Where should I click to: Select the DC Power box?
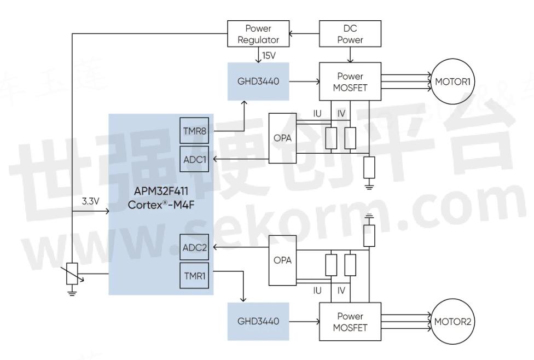coord(350,34)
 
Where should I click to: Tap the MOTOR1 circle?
coord(454,82)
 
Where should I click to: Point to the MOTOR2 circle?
coord(452,321)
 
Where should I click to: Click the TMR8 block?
coord(194,131)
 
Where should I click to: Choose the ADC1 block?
coord(194,159)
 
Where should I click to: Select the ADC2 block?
coord(194,248)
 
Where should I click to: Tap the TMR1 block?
coord(194,275)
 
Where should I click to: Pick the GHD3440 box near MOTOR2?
coord(259,321)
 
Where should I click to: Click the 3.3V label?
coord(91,202)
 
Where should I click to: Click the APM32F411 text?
coord(161,192)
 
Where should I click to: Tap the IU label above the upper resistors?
coord(317,114)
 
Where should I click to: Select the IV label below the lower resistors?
coord(341,291)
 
